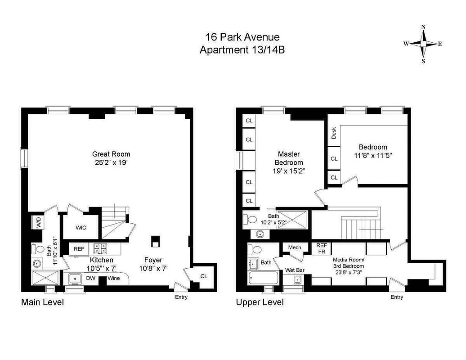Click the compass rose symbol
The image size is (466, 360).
pos(423,44)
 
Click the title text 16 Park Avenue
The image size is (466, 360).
pos(242,36)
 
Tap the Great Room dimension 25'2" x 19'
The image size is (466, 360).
pos(112,162)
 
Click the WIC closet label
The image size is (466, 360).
pos(81,228)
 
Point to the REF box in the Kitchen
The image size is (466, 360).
pos(79,248)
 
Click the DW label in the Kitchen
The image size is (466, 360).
pos(91,278)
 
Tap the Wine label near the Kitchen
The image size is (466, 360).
pos(113,278)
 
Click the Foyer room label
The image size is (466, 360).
pos(153,260)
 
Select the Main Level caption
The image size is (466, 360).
pos(42,302)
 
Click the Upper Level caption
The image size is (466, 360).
pos(260,302)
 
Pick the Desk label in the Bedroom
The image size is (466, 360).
pos(334,133)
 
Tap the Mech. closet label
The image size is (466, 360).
pos(295,247)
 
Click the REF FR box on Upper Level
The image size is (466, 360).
pos(321,248)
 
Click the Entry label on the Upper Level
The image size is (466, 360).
pos(397,297)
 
